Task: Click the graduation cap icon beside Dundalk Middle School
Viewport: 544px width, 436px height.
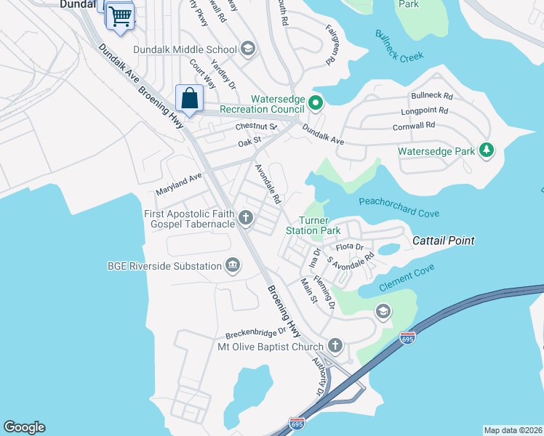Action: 248,49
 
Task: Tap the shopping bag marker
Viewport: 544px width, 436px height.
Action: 189,98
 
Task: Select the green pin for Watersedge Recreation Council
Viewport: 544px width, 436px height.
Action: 316,102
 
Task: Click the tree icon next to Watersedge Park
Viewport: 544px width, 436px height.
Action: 487,151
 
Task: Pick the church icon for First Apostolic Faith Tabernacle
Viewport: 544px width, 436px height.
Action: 247,217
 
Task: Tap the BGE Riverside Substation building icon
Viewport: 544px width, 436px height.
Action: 233,266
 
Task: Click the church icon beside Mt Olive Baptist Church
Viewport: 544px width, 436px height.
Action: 335,346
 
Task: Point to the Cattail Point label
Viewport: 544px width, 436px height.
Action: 444,241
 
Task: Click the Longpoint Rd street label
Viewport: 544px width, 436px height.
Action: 425,112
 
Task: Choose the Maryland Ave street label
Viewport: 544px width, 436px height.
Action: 178,184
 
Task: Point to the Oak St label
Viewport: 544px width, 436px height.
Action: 249,143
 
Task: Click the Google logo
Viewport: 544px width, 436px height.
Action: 24,427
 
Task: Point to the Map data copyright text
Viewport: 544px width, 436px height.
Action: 512,429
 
